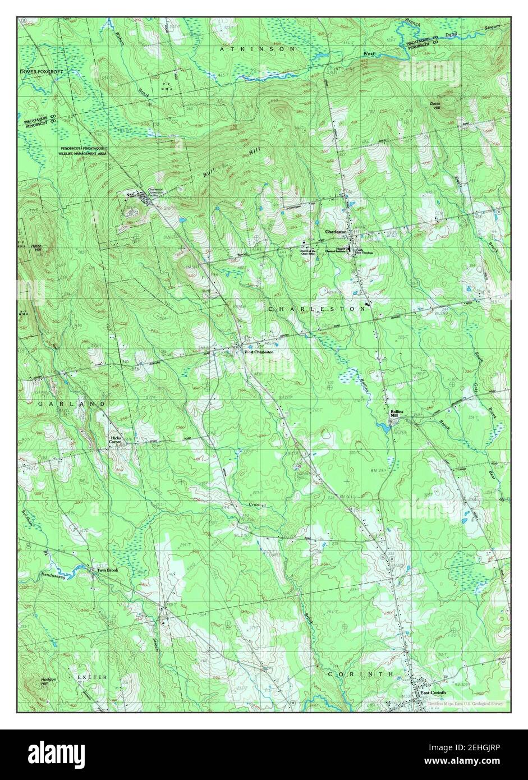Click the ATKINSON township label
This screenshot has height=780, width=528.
coord(258,49)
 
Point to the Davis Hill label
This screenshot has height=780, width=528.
coord(435,105)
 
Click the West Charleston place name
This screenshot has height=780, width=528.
coord(258,352)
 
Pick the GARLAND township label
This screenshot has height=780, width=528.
coord(71,404)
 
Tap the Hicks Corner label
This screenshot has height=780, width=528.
coord(116,439)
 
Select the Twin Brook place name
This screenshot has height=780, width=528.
coord(108,570)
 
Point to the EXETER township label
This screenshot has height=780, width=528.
coord(91,677)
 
